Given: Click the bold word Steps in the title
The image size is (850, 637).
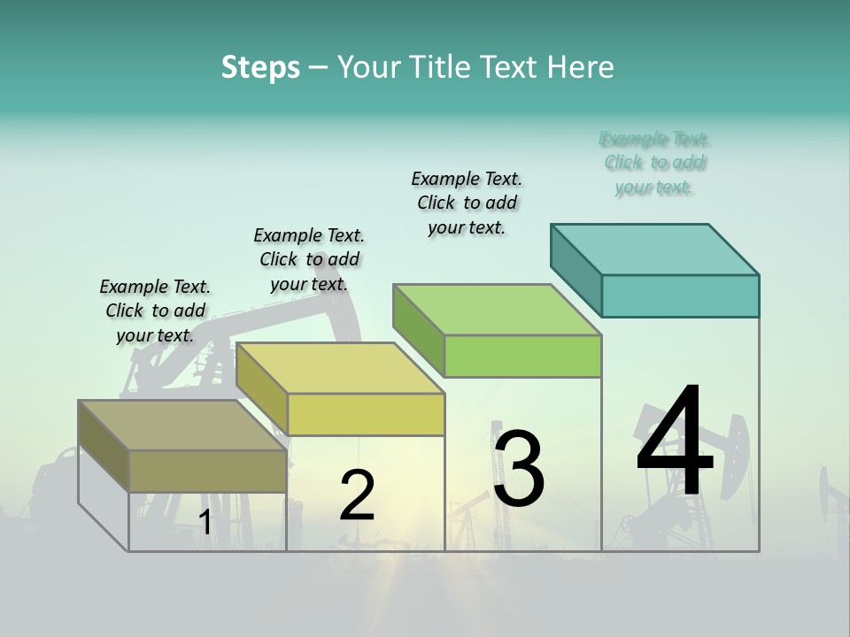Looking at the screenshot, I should point(260,67).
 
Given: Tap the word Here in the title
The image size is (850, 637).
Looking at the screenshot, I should point(584,67).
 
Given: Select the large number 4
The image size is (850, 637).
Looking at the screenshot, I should point(675,442).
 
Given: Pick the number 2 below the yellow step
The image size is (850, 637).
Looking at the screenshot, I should point(357,495).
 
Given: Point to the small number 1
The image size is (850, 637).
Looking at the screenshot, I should point(205,523).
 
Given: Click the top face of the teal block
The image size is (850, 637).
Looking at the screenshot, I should point(655,249).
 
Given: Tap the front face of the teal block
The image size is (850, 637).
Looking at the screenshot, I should point(680,295).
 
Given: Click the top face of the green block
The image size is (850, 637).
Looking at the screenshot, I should point(498,310).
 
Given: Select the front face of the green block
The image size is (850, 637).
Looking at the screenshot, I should point(522,357).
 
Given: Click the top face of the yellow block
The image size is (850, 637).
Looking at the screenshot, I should point(341,368).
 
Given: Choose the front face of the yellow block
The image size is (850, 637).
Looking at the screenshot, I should point(366,414).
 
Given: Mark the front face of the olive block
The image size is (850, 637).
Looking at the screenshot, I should point(207,471).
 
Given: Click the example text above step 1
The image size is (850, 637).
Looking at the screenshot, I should point(155,311).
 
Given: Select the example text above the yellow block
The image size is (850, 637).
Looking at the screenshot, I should point(309,259).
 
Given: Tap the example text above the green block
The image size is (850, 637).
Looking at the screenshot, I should point(467,203).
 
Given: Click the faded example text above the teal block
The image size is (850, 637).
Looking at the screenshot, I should point(654,163).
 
